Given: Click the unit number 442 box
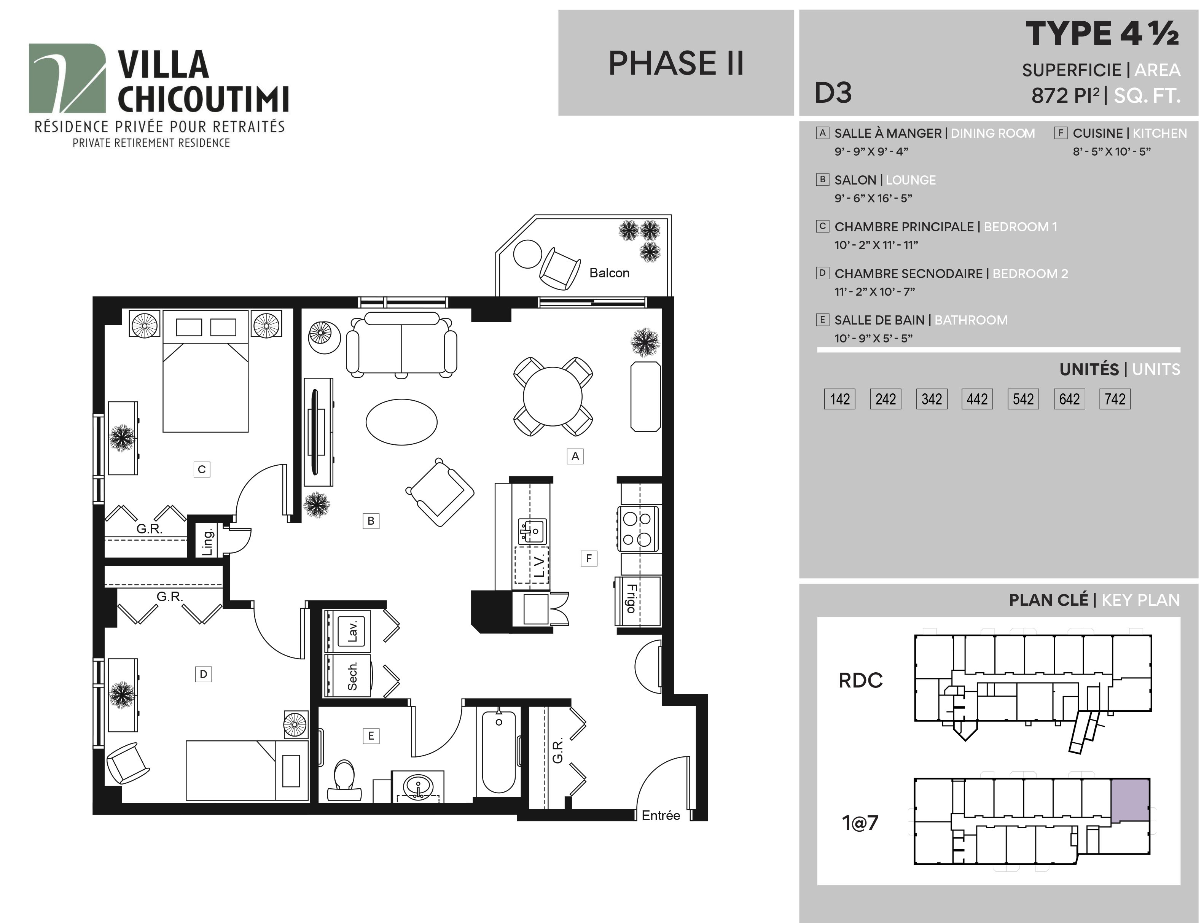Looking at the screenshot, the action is (977, 399).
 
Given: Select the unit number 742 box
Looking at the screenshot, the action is (1115, 399).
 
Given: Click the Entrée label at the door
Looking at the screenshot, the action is (661, 815).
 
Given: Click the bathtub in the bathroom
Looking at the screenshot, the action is (498, 751).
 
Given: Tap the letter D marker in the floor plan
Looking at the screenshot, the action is (203, 674).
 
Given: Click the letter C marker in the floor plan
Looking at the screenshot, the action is (202, 469).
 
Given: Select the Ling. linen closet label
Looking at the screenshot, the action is (207, 542).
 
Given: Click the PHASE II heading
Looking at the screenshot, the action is (676, 63).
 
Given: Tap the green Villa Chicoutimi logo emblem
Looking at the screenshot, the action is (67, 78).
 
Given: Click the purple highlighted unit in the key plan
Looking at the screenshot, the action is (1130, 800).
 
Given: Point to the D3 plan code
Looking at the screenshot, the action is (833, 93).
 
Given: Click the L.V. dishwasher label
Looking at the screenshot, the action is (539, 565).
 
